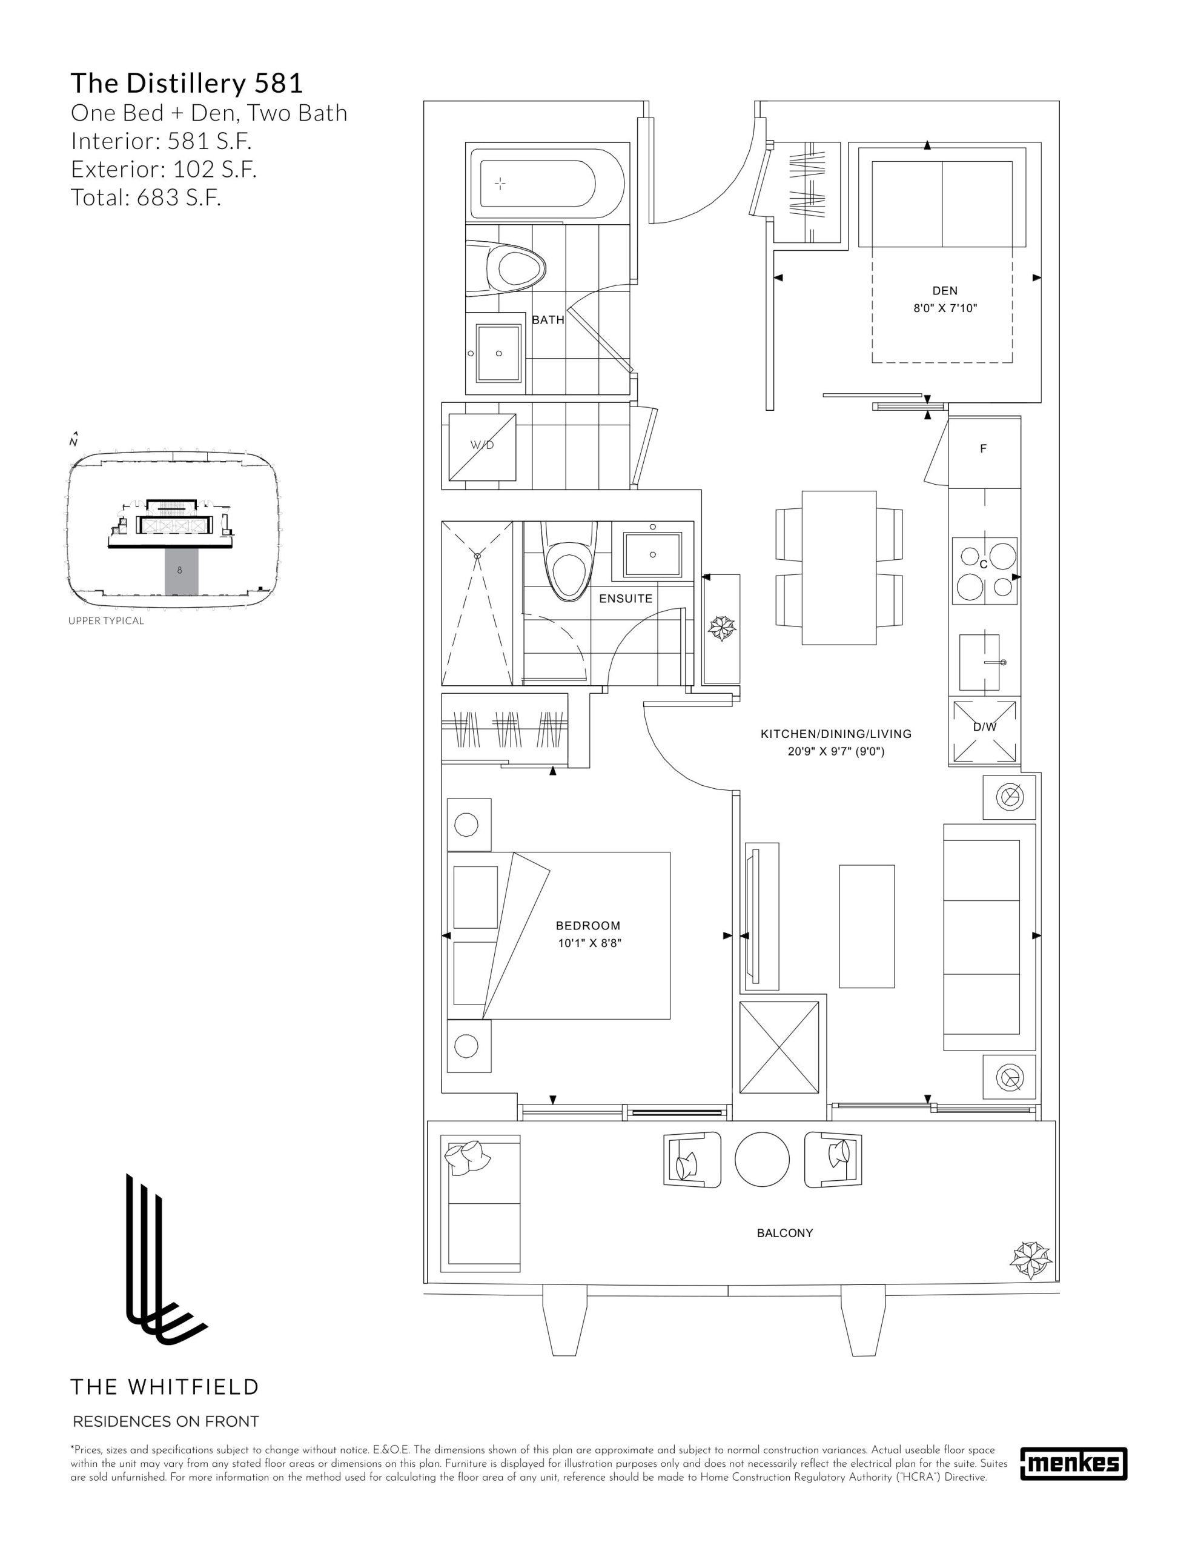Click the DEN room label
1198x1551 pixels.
coord(944,290)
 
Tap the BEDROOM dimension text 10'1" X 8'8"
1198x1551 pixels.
coord(589,943)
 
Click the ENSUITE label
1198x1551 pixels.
coord(626,599)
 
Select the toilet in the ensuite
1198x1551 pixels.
coord(568,560)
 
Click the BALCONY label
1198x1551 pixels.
coord(785,1233)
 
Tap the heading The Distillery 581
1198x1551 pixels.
coord(187,83)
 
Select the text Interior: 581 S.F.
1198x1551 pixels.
coord(161,141)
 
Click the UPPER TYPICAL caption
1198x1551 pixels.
coord(106,620)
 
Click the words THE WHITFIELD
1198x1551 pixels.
coord(165,1387)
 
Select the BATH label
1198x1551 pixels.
coord(548,320)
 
